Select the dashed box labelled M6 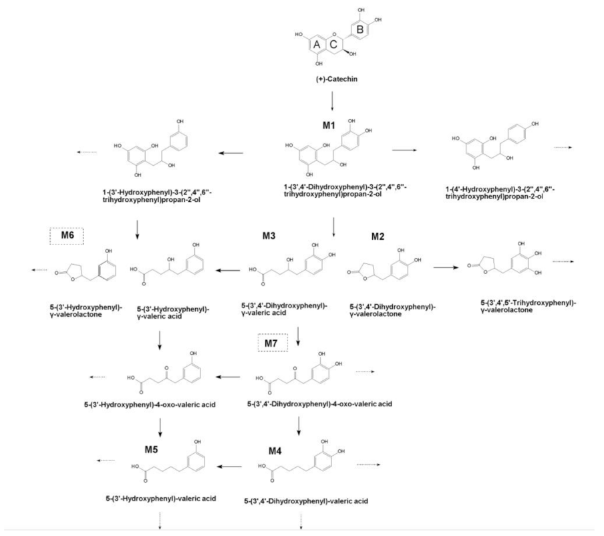66,235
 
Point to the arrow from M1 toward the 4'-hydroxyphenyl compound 409,151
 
